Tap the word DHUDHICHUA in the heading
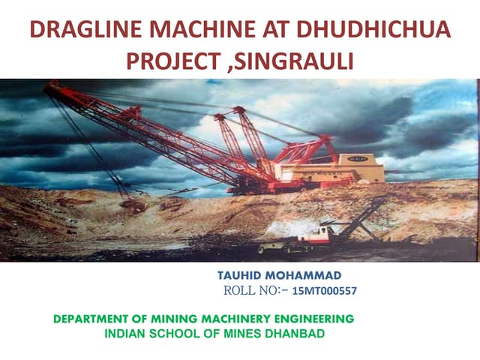(x=379, y=31)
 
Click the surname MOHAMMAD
(x=309, y=275)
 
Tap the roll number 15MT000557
(x=323, y=290)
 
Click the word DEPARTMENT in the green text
(x=97, y=319)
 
